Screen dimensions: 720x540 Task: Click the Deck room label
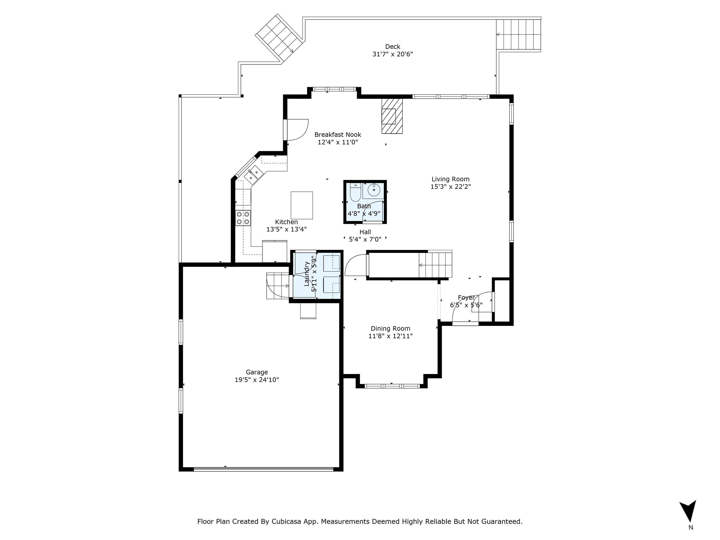pyautogui.click(x=393, y=47)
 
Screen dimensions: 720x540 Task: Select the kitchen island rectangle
pyautogui.click(x=302, y=205)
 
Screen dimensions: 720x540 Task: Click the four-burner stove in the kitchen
pyautogui.click(x=243, y=218)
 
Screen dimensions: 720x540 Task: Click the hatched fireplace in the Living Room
pyautogui.click(x=392, y=116)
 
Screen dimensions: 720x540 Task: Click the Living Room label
pyautogui.click(x=450, y=179)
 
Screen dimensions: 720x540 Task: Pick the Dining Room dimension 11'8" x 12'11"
pyautogui.click(x=391, y=336)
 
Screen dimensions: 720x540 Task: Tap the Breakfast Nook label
pyautogui.click(x=338, y=135)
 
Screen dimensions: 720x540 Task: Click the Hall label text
pyautogui.click(x=365, y=232)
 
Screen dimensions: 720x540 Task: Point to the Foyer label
pyautogui.click(x=466, y=297)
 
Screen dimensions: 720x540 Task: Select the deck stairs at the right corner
pyautogui.click(x=518, y=34)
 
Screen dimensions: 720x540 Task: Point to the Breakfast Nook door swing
pyautogui.click(x=297, y=130)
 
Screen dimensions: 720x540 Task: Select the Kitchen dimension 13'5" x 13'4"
pyautogui.click(x=286, y=229)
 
